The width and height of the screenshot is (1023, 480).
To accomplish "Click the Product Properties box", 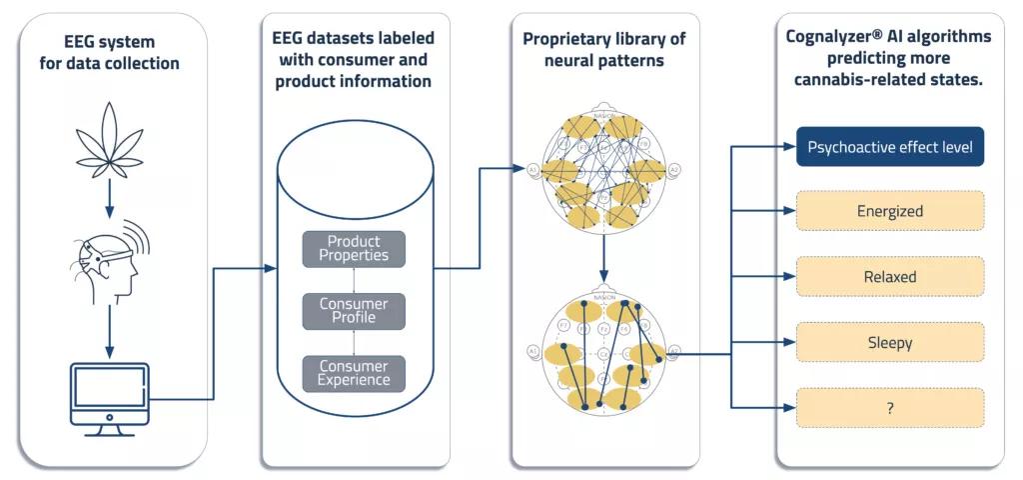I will tap(354, 249).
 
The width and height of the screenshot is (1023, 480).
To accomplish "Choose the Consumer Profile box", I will tap(354, 311).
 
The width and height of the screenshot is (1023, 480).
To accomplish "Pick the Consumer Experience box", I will tap(354, 373).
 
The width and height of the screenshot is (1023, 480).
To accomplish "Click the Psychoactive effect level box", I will tap(889, 147).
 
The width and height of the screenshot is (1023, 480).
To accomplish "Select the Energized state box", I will tap(889, 212).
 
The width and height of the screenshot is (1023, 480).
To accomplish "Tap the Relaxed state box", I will tap(889, 277).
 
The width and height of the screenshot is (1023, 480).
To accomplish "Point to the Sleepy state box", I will tap(889, 342).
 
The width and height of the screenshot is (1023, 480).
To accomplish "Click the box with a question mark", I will tap(889, 408).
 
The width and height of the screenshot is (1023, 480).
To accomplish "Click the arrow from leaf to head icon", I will tap(109, 200).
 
